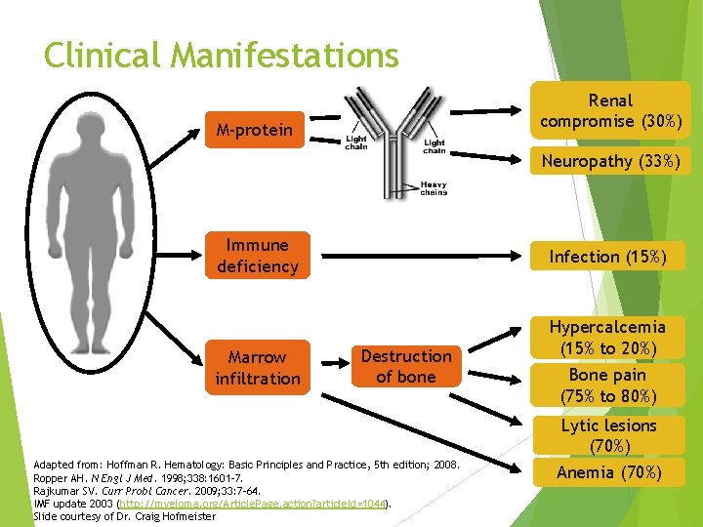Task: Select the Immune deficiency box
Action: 257,256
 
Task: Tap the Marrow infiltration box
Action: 257,368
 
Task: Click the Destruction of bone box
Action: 405,366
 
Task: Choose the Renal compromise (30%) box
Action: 610,111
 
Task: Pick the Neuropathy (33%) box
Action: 610,161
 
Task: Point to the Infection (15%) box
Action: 607,257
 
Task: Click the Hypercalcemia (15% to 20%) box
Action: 607,338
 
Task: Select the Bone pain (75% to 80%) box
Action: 607,385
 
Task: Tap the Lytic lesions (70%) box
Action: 607,435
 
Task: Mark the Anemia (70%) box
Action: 607,473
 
